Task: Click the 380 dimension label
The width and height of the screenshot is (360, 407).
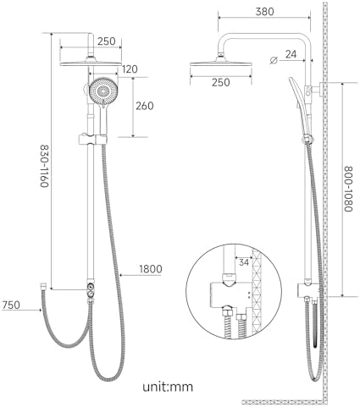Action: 264,12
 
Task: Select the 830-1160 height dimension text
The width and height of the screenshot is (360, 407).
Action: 44,166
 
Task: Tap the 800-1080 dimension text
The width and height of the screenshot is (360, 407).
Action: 348,189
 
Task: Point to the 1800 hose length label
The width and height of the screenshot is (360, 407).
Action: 151,269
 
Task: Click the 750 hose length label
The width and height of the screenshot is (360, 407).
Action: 11,305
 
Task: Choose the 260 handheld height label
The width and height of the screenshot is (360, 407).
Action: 145,106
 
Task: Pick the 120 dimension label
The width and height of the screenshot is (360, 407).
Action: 130,69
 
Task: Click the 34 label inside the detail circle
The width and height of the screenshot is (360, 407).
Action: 244,262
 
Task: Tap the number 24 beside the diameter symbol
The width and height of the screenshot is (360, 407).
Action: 291,54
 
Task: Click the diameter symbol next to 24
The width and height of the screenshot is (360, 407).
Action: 274,60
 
